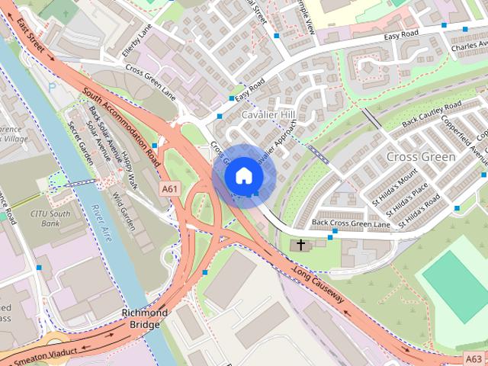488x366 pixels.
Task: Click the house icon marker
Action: coord(242,175)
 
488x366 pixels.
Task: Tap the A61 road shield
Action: coord(170,187)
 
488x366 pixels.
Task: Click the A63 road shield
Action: coord(473,358)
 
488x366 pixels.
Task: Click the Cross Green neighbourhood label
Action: coord(421,156)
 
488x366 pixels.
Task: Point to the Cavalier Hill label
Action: coord(267,114)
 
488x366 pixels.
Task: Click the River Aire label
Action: coord(102,223)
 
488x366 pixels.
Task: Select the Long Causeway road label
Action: coord(316,283)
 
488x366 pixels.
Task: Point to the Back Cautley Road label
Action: coord(432,114)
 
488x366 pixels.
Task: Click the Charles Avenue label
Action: coord(468,47)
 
